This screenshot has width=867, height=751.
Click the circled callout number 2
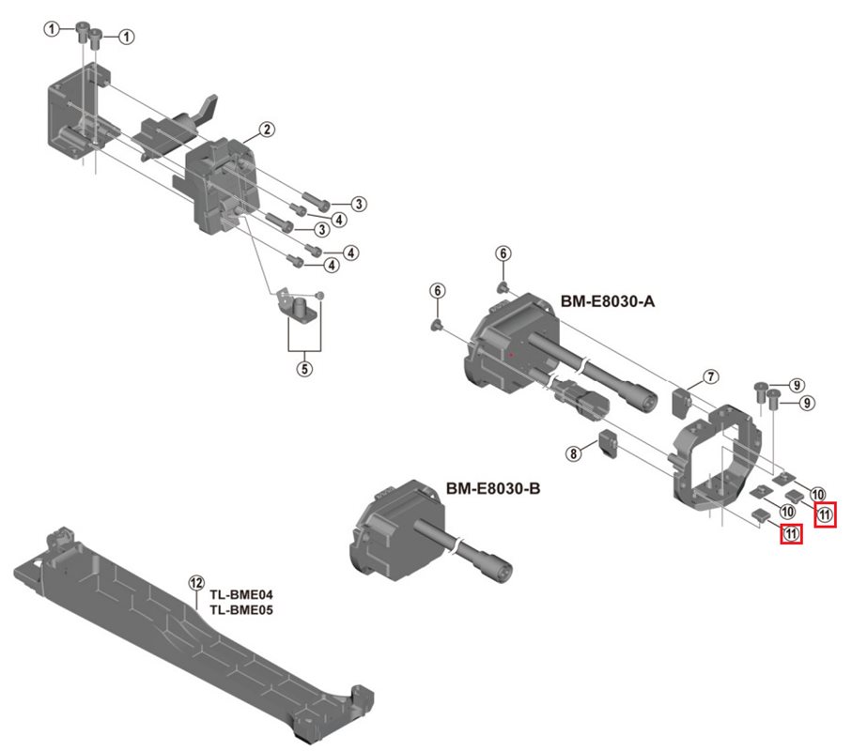pos(268,129)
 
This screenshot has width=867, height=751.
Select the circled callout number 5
pos(304,368)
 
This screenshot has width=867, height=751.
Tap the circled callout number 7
pos(711,376)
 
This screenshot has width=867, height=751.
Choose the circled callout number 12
pos(195,583)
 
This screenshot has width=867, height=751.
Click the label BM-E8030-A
pos(608,301)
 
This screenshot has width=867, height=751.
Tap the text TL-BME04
pos(240,595)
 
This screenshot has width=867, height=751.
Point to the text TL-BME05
pos(240,609)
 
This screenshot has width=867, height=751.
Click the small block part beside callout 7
pos(683,402)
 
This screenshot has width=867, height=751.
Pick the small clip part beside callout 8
pos(607,444)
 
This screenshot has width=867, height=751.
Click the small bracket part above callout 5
pos(297,306)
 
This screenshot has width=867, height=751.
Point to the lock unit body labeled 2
pos(224,183)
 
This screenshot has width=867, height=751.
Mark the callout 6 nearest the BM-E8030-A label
pos(503,253)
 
